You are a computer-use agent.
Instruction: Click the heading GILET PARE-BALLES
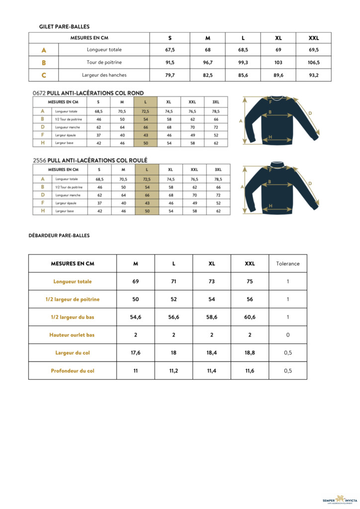[x=64, y=26]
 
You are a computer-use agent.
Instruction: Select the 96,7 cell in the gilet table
[x=208, y=63]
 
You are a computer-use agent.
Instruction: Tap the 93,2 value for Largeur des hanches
[x=314, y=75]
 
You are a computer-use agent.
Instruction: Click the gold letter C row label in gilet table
[x=44, y=75]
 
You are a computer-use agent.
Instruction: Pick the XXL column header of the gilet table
[x=314, y=38]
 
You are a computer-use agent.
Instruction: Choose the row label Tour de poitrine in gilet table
[x=104, y=63]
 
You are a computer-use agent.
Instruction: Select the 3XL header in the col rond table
[x=216, y=102]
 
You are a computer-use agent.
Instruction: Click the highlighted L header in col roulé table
[x=147, y=170]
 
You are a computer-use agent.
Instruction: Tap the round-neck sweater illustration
[x=281, y=120]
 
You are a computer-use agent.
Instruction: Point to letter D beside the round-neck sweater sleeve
[x=310, y=113]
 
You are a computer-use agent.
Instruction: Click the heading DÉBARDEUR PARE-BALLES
[x=59, y=236]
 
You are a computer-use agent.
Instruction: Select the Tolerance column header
[x=288, y=263]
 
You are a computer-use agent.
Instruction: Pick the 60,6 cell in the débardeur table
[x=250, y=317]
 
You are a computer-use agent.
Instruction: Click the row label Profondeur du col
[x=73, y=371]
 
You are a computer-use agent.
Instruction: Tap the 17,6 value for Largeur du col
[x=135, y=353]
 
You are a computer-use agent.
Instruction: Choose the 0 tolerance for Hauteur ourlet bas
[x=288, y=335]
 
